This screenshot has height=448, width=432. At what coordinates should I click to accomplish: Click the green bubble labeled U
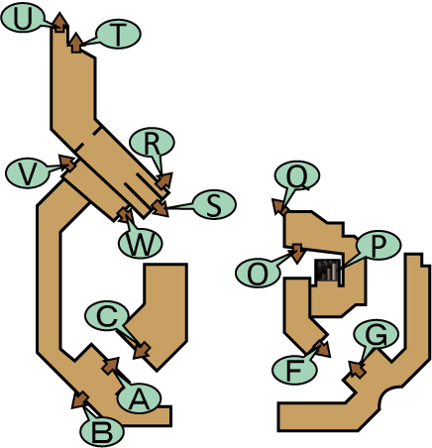tap(23, 19)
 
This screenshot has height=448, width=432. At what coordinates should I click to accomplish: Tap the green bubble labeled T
tap(118, 34)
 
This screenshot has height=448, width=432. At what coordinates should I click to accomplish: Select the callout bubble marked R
tap(153, 143)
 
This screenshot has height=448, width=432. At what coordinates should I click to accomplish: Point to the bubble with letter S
tap(214, 204)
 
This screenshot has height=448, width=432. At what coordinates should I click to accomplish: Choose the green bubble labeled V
tap(28, 173)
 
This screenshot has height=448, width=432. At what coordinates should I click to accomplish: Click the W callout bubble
tap(141, 244)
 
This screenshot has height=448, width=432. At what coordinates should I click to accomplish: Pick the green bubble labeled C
tap(107, 316)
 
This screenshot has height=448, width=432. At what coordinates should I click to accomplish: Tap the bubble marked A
tap(139, 398)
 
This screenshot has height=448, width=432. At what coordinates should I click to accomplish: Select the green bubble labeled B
tap(102, 432)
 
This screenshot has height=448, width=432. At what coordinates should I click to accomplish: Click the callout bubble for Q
tap(297, 176)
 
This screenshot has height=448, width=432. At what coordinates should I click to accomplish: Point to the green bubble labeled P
tap(378, 246)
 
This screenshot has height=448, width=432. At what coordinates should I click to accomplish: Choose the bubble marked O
tap(258, 273)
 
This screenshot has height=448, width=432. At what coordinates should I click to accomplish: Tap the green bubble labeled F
tap(294, 370)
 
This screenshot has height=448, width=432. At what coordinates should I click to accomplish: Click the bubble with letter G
tap(376, 335)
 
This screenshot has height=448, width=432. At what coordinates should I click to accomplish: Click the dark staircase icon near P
tap(327, 271)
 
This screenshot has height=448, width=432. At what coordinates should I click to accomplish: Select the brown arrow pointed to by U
tap(59, 23)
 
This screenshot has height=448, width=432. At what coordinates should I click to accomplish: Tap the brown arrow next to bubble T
tap(76, 43)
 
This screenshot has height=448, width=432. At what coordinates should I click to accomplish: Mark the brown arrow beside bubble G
tap(357, 369)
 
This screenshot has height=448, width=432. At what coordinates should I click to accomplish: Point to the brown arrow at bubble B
tap(79, 399)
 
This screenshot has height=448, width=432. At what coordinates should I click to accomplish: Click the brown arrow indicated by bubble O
tap(298, 253)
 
